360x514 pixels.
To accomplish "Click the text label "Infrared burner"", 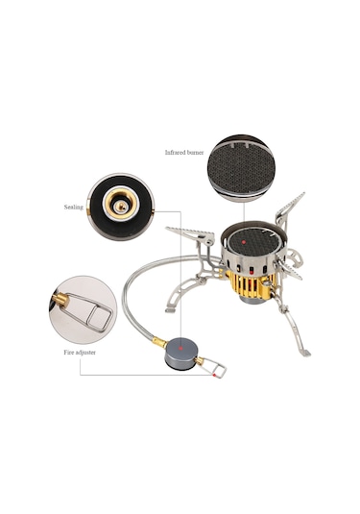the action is point(184,153).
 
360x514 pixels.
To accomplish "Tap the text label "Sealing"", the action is point(74,208).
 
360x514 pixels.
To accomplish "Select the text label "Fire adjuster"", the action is point(80,353).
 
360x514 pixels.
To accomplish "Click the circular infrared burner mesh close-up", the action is point(241,167).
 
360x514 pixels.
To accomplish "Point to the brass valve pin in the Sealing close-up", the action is point(121,207).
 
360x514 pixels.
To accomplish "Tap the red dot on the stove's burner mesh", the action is point(244,242).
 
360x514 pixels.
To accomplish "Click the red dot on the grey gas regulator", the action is point(180,348).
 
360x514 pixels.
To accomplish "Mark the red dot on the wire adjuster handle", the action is point(214,375).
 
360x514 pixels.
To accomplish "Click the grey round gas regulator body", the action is point(181,354).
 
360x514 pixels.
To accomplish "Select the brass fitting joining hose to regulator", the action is point(159,342).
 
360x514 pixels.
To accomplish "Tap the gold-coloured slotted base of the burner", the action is point(252,284).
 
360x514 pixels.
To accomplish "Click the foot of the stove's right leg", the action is point(305,353).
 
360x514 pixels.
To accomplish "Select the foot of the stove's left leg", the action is point(170,309).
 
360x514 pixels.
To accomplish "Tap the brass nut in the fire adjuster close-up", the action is point(60,300).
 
